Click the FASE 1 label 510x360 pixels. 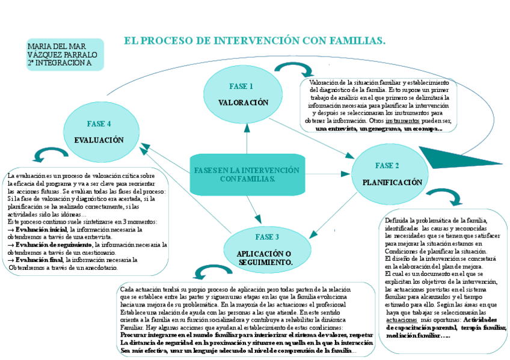pyautogui.click(x=241, y=86)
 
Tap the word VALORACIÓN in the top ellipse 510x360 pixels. pyautogui.click(x=243, y=103)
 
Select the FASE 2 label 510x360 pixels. pyautogui.click(x=387, y=165)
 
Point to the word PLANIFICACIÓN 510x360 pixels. pyautogui.click(x=392, y=182)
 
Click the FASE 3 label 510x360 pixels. pyautogui.click(x=266, y=237)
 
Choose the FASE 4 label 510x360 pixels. pyautogui.click(x=99, y=124)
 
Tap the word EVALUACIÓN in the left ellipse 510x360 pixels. pyautogui.click(x=99, y=140)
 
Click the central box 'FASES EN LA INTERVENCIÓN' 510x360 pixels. pyautogui.click(x=247, y=175)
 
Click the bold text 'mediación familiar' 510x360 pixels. pyautogui.click(x=414, y=336)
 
